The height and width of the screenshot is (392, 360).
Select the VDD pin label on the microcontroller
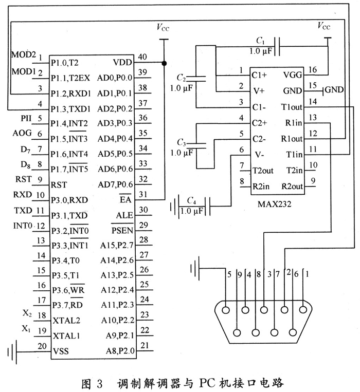tap(121, 63)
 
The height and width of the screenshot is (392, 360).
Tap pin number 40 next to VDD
tap(142, 58)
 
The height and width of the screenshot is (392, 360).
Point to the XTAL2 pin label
tap(66, 321)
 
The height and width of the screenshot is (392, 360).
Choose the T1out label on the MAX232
tap(292, 107)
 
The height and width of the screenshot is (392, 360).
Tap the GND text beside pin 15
tap(334, 90)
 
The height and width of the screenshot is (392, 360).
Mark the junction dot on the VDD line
tap(164, 63)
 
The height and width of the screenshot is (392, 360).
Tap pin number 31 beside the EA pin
tap(142, 194)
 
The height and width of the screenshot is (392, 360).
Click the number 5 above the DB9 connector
tap(229, 274)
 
